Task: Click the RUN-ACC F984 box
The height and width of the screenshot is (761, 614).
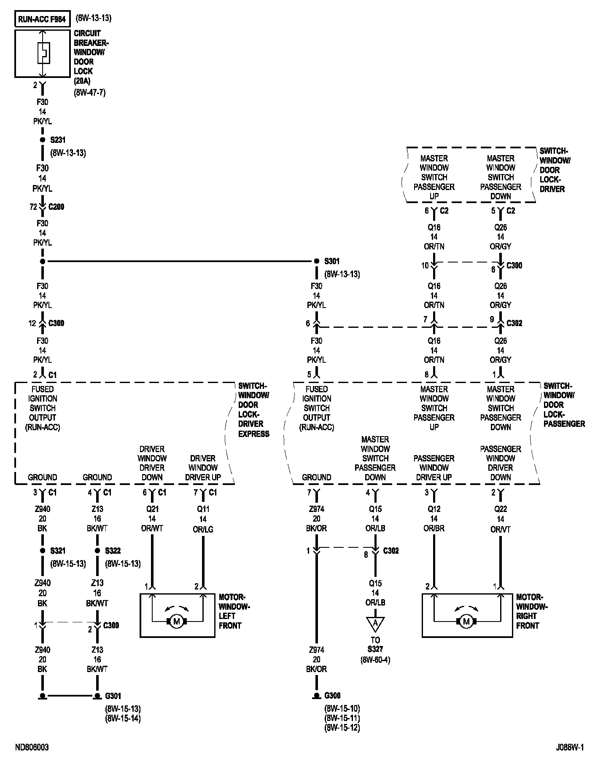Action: pos(42,19)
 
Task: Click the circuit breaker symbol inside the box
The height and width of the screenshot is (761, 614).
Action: pos(43,53)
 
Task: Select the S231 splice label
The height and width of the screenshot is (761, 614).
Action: pos(58,139)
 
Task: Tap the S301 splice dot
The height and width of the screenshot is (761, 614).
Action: pos(317,261)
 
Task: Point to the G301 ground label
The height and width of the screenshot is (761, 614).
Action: pos(113,696)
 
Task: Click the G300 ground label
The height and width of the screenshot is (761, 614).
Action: pos(332,695)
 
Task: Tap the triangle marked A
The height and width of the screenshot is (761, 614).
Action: pos(375,623)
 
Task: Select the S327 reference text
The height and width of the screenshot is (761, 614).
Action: pos(375,649)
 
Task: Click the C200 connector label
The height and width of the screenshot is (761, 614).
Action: pos(57,207)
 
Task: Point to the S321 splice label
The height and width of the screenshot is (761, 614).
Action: pos(58,551)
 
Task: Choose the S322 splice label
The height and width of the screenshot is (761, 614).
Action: pos(113,551)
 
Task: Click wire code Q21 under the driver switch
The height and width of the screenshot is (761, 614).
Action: pos(152,509)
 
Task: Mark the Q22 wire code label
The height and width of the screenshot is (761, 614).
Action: pos(501,509)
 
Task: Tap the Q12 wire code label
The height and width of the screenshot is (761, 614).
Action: pos(434,509)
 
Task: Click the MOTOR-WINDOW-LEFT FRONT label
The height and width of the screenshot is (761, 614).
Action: pos(234,611)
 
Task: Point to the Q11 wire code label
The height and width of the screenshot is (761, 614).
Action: pos(203,509)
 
